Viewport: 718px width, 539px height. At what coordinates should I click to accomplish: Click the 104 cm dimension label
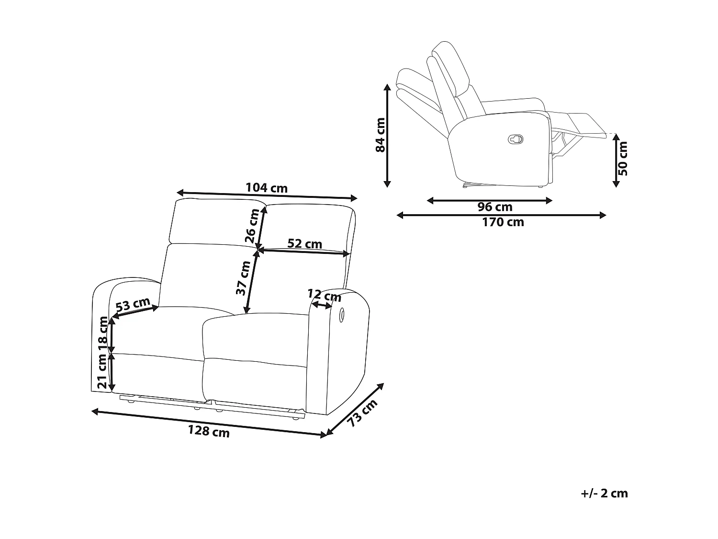point(267,187)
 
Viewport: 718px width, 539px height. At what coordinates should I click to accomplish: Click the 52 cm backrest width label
point(304,244)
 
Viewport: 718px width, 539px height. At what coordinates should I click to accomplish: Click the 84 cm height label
point(381,135)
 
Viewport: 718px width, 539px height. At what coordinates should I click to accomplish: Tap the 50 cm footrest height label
point(623,159)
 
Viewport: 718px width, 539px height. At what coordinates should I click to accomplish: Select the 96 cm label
point(494,207)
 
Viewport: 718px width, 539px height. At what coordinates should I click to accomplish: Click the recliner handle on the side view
point(515,139)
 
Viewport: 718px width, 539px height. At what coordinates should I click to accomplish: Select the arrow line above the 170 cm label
point(501,215)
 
